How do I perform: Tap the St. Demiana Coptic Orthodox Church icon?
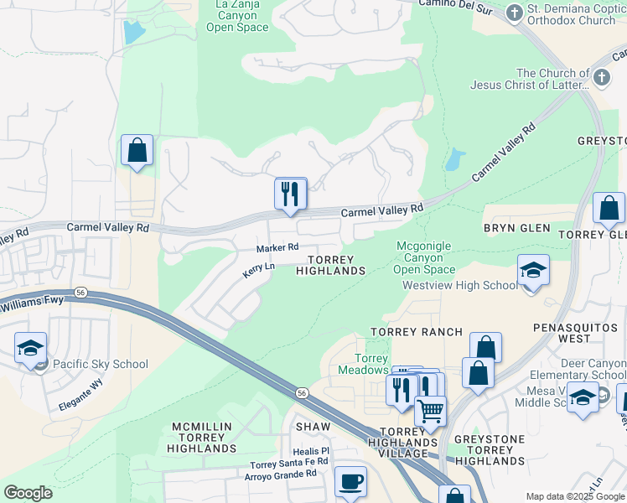[x=515, y=12]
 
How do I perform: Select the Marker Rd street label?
[x=277, y=248]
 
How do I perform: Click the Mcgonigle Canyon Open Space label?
[x=424, y=257]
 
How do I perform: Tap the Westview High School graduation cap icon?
[x=533, y=271]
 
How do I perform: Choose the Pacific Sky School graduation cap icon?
[x=31, y=348]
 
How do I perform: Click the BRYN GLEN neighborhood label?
[x=516, y=228]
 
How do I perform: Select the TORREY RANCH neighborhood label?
[x=417, y=332]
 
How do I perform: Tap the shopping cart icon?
[x=430, y=411]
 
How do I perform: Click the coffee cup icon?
[x=350, y=482]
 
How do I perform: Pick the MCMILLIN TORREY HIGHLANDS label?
[x=204, y=438]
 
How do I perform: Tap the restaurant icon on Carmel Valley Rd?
[x=290, y=194]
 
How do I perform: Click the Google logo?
[x=28, y=493]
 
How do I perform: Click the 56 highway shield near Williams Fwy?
[x=80, y=293]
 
